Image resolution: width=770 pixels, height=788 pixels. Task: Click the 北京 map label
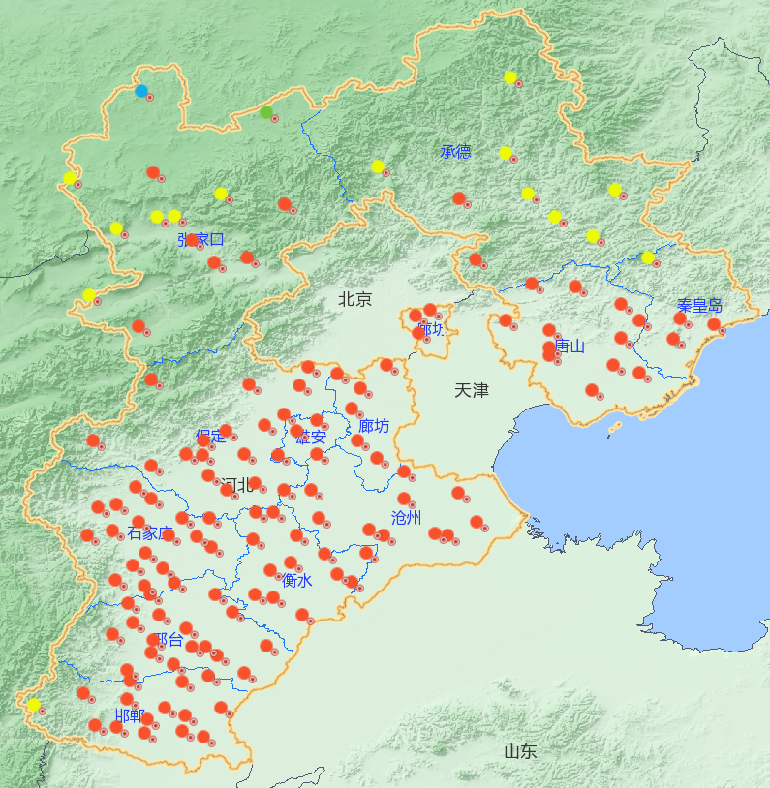(354, 299)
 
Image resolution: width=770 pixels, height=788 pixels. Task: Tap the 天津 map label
(472, 390)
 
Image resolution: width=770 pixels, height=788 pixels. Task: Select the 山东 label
(520, 751)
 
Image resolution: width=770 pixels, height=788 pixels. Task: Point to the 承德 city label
(455, 151)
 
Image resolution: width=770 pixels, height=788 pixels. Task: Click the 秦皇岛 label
(699, 307)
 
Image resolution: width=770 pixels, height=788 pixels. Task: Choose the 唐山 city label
(570, 346)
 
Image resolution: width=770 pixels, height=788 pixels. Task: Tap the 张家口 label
(200, 239)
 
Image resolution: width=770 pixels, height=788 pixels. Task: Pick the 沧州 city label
(407, 517)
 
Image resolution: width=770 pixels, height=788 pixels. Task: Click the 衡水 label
(296, 581)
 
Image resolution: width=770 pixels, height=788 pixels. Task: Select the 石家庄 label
(150, 533)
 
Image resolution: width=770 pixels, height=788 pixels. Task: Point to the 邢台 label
(169, 639)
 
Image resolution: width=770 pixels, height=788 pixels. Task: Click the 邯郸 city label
(129, 716)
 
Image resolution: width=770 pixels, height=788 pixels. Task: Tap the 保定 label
(210, 436)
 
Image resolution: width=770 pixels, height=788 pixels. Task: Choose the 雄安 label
(311, 437)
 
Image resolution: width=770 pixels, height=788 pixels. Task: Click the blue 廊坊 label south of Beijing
(374, 426)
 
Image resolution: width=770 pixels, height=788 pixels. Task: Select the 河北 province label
(235, 484)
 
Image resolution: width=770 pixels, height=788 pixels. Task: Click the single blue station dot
(141, 91)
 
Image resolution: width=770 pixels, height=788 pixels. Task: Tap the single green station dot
(266, 112)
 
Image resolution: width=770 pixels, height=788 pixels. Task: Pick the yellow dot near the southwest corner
(34, 705)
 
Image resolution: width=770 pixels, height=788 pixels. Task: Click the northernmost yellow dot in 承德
(510, 77)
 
